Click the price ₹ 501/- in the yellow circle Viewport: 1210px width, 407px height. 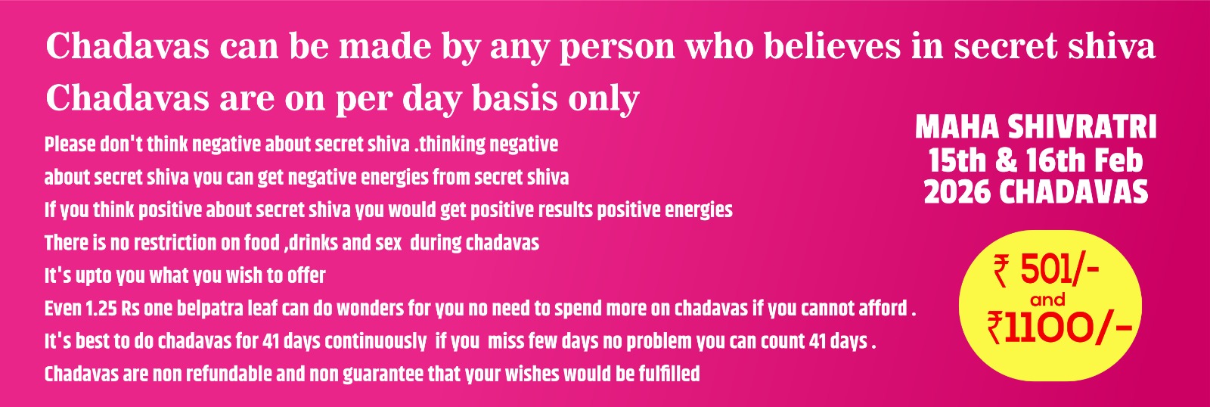[1047, 272]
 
